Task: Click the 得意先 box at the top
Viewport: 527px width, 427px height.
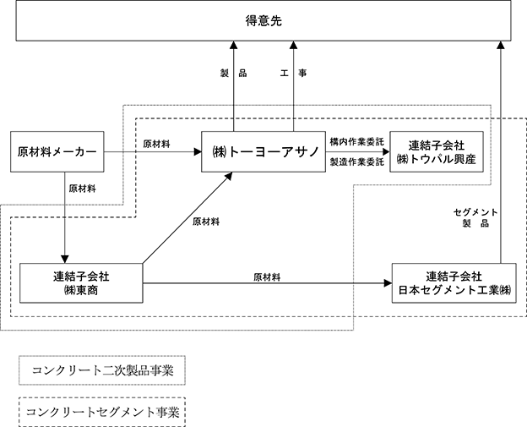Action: [263, 20]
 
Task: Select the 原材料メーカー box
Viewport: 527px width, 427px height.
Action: [57, 151]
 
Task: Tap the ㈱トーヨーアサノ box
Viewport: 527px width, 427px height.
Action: [263, 151]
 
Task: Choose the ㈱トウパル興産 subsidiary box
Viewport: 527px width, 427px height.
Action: [437, 151]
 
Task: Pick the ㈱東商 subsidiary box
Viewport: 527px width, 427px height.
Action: [81, 283]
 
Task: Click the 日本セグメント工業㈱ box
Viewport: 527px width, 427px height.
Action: [454, 283]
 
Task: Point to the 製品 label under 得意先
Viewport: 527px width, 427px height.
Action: [234, 73]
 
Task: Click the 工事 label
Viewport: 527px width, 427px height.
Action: [293, 73]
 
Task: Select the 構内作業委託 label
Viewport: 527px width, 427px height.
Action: [356, 142]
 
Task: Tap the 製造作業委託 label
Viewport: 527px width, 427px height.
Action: [356, 161]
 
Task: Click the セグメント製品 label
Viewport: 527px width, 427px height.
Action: [475, 217]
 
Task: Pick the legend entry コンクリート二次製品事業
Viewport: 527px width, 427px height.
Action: [102, 370]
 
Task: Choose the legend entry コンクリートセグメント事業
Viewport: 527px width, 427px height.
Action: [102, 412]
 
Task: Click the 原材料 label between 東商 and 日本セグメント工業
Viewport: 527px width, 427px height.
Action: [267, 277]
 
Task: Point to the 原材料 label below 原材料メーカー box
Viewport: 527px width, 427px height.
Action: [83, 189]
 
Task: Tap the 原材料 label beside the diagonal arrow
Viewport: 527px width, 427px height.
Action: [206, 222]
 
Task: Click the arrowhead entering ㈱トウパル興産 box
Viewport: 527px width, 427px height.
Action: [386, 151]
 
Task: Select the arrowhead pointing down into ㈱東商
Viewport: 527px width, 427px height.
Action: [65, 259]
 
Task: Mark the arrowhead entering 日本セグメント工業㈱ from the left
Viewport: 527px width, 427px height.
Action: [388, 283]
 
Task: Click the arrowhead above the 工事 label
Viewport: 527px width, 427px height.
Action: [293, 45]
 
